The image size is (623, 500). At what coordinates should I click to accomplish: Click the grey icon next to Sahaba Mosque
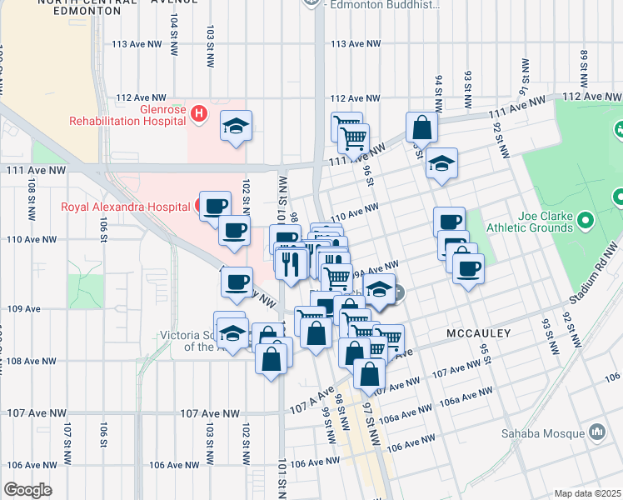[596, 432]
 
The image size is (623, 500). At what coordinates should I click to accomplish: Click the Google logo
[27, 490]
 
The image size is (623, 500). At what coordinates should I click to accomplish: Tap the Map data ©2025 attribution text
[587, 493]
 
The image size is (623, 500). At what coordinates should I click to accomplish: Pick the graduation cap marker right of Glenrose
[236, 126]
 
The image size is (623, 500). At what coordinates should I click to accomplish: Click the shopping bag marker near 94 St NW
[422, 127]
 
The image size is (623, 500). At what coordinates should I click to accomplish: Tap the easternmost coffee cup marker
[468, 268]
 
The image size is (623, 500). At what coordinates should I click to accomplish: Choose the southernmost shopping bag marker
[369, 373]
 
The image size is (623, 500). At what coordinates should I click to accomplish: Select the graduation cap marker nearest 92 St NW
[441, 163]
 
